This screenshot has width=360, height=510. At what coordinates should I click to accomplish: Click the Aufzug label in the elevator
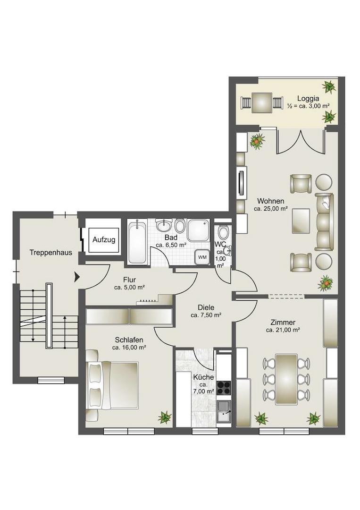pyautogui.click(x=104, y=240)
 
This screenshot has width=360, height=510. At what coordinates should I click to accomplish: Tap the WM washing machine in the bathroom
pyautogui.click(x=202, y=257)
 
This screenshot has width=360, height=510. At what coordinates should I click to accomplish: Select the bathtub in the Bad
pyautogui.click(x=137, y=242)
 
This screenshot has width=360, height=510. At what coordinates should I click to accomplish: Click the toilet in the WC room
pyautogui.click(x=223, y=231)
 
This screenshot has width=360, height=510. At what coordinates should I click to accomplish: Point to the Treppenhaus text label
pyautogui.click(x=50, y=252)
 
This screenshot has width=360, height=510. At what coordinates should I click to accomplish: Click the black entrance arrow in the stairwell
pyautogui.click(x=77, y=277)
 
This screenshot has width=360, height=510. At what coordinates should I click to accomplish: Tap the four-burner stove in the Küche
pyautogui.click(x=224, y=388)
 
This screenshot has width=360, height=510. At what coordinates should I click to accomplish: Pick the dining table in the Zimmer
pyautogui.click(x=286, y=379)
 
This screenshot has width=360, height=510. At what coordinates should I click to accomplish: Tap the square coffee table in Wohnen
pyautogui.click(x=301, y=221)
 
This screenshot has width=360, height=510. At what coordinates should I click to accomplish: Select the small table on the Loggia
pyautogui.click(x=261, y=103)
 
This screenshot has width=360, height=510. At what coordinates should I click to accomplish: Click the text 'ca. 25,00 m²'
pyautogui.click(x=271, y=209)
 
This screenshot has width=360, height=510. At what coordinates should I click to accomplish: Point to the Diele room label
pyautogui.click(x=206, y=307)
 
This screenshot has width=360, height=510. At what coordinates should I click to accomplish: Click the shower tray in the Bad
pyautogui.click(x=199, y=230)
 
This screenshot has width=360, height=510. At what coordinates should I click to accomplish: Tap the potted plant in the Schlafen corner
pyautogui.click(x=165, y=417)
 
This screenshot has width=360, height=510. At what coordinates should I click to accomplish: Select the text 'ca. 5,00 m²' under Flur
pyautogui.click(x=129, y=287)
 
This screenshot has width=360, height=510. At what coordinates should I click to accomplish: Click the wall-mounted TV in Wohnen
pyautogui.click(x=241, y=182)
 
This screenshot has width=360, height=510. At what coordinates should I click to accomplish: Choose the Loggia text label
pyautogui.click(x=308, y=98)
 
